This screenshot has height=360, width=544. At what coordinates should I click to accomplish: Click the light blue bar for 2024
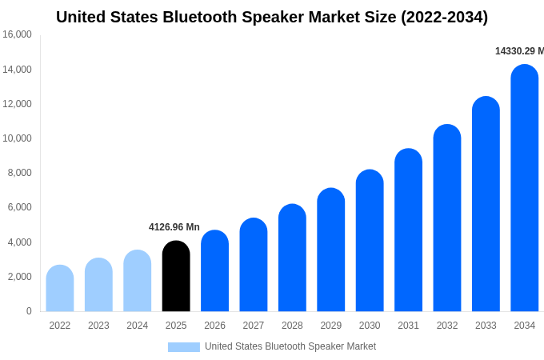(x=138, y=281)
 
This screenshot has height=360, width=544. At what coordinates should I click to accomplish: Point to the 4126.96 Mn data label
(x=174, y=227)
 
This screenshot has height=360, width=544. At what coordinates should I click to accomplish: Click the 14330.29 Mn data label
(x=518, y=51)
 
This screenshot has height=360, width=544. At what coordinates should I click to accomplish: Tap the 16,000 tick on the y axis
(x=17, y=34)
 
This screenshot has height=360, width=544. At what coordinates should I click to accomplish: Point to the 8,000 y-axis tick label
(x=19, y=173)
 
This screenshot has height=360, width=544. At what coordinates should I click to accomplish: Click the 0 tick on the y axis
(x=29, y=311)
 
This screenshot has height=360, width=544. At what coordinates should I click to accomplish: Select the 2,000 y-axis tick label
(x=19, y=277)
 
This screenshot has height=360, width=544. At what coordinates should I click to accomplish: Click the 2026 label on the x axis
(x=214, y=326)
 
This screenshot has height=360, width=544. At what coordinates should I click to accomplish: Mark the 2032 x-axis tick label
(x=447, y=326)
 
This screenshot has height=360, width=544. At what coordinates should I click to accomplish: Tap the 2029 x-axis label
(x=331, y=326)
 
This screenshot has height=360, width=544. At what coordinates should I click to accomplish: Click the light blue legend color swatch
(x=184, y=347)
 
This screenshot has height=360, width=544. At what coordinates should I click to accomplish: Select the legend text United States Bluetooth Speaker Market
(x=290, y=346)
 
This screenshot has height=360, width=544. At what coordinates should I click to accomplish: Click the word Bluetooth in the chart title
(x=201, y=17)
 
